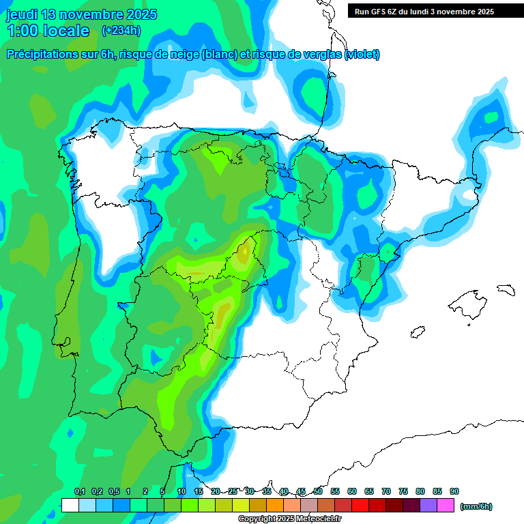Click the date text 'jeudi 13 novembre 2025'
pos(81,14)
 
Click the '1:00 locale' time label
pos(48,31)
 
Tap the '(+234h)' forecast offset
pos(121,31)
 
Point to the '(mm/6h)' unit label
pos(476,506)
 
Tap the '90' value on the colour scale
pos(454,491)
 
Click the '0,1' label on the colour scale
pos(80,491)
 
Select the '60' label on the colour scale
pos(352,491)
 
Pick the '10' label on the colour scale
pos(181,491)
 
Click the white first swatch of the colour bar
pos(70,506)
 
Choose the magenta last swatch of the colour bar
pos(446,506)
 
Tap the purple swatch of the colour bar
pos(428,506)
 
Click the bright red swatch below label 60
pos(360,506)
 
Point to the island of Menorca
pos(505,289)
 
